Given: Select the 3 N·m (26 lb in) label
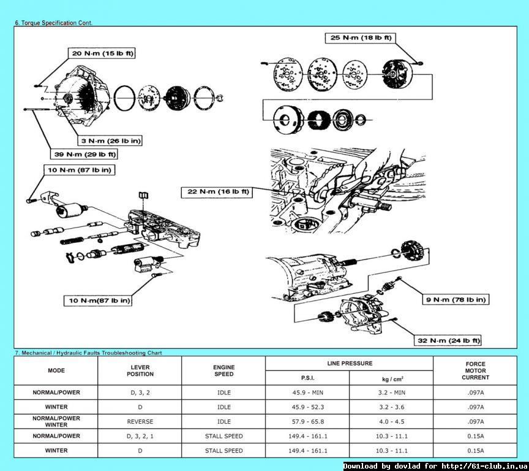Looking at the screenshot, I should (112, 140).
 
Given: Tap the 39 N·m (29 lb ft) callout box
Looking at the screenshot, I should (84, 154).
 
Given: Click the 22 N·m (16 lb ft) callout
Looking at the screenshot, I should (218, 192).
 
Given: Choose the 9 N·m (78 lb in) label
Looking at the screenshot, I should (456, 299).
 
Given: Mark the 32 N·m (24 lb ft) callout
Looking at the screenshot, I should (449, 340).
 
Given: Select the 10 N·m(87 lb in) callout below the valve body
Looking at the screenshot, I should (99, 301).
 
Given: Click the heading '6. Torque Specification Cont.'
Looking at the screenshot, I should (53, 23).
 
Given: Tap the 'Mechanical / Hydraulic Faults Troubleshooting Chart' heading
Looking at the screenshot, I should (88, 353).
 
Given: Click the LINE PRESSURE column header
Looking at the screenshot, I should (350, 364).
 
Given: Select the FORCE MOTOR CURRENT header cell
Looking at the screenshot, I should (475, 370).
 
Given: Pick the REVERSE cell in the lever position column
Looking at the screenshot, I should (140, 421).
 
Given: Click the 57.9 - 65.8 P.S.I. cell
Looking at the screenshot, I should (308, 421).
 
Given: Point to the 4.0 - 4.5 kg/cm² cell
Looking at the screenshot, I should (392, 421).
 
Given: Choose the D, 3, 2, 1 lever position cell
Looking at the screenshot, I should (140, 436).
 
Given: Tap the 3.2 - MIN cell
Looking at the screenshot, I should (392, 392).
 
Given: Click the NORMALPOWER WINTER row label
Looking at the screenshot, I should (56, 421).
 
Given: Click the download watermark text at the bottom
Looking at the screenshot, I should (435, 466).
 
